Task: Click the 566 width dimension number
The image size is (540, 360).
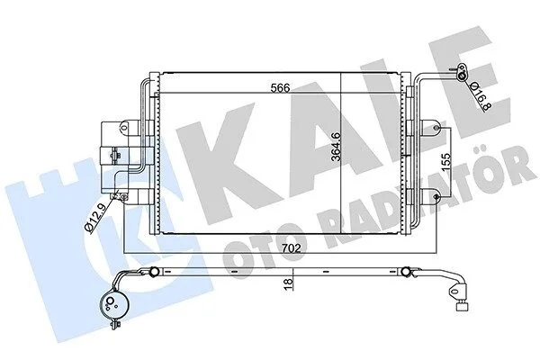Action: tap(280, 87)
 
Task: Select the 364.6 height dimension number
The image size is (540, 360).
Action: tap(336, 147)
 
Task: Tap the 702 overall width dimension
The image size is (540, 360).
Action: tap(291, 248)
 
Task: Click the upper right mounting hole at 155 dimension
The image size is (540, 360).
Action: tap(436, 128)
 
